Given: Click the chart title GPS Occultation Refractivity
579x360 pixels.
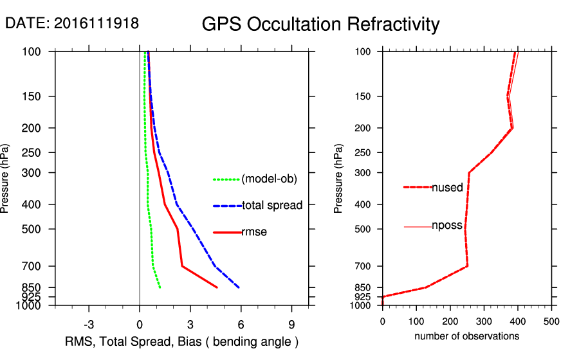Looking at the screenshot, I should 320,24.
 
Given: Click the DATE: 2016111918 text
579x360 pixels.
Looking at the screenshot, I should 71,23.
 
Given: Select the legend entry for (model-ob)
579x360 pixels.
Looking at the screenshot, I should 269,179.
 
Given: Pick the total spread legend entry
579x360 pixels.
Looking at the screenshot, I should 272,206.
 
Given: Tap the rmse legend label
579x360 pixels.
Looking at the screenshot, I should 253,232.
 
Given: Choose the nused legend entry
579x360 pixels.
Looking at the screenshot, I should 447,188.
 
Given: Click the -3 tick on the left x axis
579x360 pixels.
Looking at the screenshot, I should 89,323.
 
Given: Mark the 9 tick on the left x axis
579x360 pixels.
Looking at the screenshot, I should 292,323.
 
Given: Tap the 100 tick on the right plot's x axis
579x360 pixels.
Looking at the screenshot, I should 416,321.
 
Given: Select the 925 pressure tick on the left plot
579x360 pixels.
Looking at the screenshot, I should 32,297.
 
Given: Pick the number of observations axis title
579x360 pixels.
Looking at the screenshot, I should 466,336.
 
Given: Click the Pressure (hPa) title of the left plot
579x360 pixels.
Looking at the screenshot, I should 6,178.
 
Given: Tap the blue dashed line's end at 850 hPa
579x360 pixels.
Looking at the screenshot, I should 239,287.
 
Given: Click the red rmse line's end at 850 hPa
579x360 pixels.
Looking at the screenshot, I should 217,287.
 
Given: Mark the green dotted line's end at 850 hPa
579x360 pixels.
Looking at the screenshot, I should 160,287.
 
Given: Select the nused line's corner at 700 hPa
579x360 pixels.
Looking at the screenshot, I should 468,265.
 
